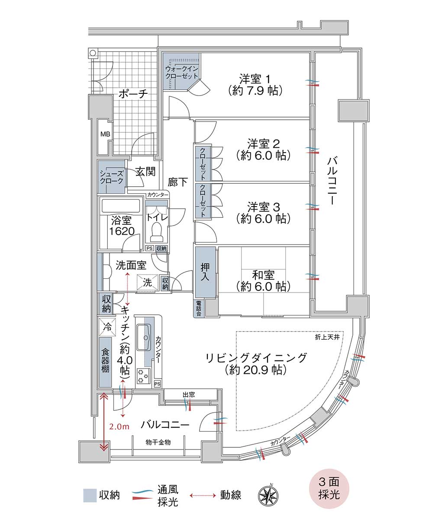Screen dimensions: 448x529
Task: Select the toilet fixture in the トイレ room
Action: tap(157, 232)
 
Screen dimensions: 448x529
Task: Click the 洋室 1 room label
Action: tap(254, 79)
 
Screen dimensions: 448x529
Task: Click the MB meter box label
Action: tap(105, 134)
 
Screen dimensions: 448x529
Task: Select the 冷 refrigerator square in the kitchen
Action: tap(107, 326)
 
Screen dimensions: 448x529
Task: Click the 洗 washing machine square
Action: tap(147, 283)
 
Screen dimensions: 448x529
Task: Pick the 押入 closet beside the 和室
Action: tap(205, 272)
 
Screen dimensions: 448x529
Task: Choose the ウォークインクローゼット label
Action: tap(181, 72)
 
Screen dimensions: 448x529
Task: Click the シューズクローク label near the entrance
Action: tap(112, 177)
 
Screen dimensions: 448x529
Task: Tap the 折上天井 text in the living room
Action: tap(327, 337)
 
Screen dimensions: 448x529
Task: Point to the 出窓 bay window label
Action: tap(189, 395)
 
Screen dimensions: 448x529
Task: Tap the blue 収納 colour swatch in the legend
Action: tap(90, 495)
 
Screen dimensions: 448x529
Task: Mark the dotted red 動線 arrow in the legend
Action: tap(203, 495)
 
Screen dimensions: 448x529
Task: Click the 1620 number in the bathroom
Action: tap(122, 231)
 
